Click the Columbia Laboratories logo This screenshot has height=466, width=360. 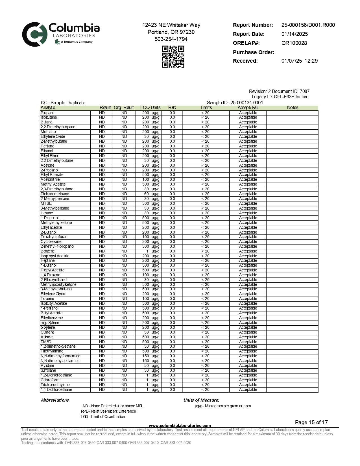coord(61,34)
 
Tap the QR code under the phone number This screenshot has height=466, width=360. coord(173,57)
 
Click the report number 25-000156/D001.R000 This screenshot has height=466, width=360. coord(308,25)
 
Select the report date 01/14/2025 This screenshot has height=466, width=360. coord(294,34)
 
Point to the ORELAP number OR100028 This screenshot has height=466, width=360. coord(294,43)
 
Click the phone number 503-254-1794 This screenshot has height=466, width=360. coord(171,39)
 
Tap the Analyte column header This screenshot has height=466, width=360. coord(48,108)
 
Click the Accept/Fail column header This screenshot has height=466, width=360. coord(248,108)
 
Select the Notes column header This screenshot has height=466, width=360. coord(293,108)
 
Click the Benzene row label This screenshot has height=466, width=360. coord(48,251)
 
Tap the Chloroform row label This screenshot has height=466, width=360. coord(50,380)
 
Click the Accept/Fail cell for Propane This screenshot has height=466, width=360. coord(248,113)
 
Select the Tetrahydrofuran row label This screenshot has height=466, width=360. coord(54,237)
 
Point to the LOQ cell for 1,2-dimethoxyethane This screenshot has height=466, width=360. coord(146,347)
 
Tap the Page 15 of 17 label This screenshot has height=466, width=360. coord(311,423)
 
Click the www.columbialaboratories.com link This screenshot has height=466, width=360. coord(180,426)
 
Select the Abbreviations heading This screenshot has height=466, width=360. coord(55,400)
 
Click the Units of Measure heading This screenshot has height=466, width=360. coord(201,400)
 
